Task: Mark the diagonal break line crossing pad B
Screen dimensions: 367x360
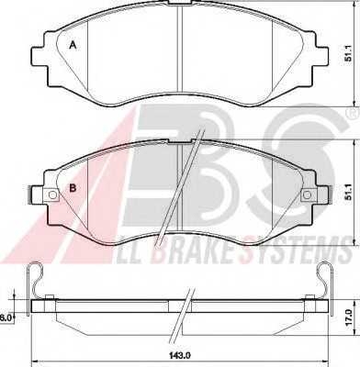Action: click(x=188, y=179)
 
